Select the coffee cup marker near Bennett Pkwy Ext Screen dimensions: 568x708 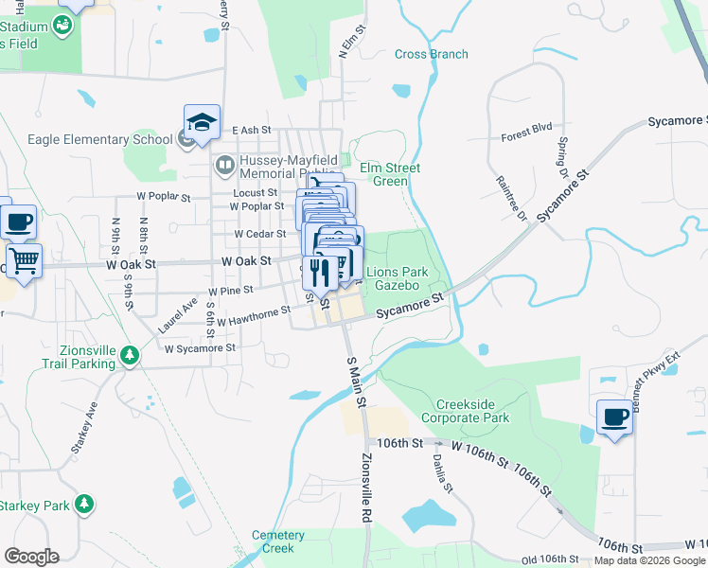click(614, 417)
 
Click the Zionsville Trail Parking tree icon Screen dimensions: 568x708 click(130, 355)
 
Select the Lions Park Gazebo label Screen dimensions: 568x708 click(397, 277)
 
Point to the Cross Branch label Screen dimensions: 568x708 click(432, 54)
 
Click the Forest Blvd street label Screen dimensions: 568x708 click(526, 136)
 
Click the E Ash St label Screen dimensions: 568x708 click(251, 130)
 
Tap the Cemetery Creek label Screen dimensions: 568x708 click(278, 541)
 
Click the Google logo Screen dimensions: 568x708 click(31, 557)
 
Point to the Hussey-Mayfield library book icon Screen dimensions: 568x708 click(224, 167)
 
